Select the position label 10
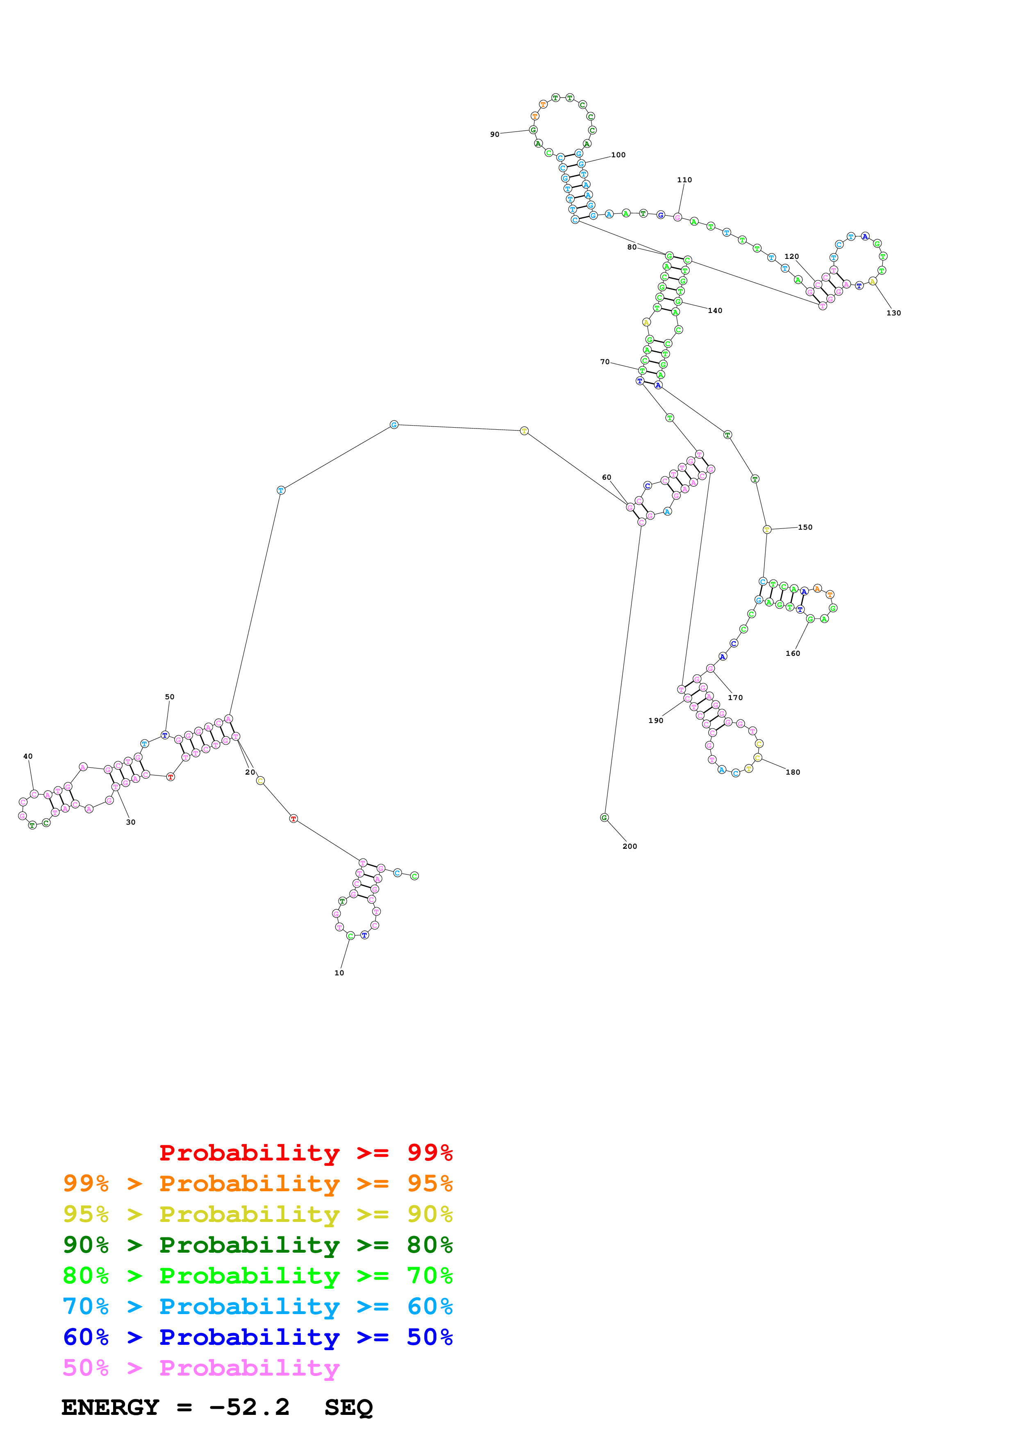[x=339, y=972]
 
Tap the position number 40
[x=27, y=756]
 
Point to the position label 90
[x=495, y=134]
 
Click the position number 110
[x=684, y=179]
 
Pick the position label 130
[x=893, y=313]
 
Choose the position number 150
[x=805, y=527]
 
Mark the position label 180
[x=793, y=772]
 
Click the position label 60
[x=606, y=477]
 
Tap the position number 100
[x=618, y=154]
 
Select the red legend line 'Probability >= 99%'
[x=305, y=1152]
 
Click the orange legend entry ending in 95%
[x=257, y=1183]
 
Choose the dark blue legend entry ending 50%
[x=257, y=1337]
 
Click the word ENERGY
[x=110, y=1408]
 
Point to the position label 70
[x=604, y=362]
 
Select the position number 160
[x=793, y=653]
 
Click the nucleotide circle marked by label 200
[x=604, y=817]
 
